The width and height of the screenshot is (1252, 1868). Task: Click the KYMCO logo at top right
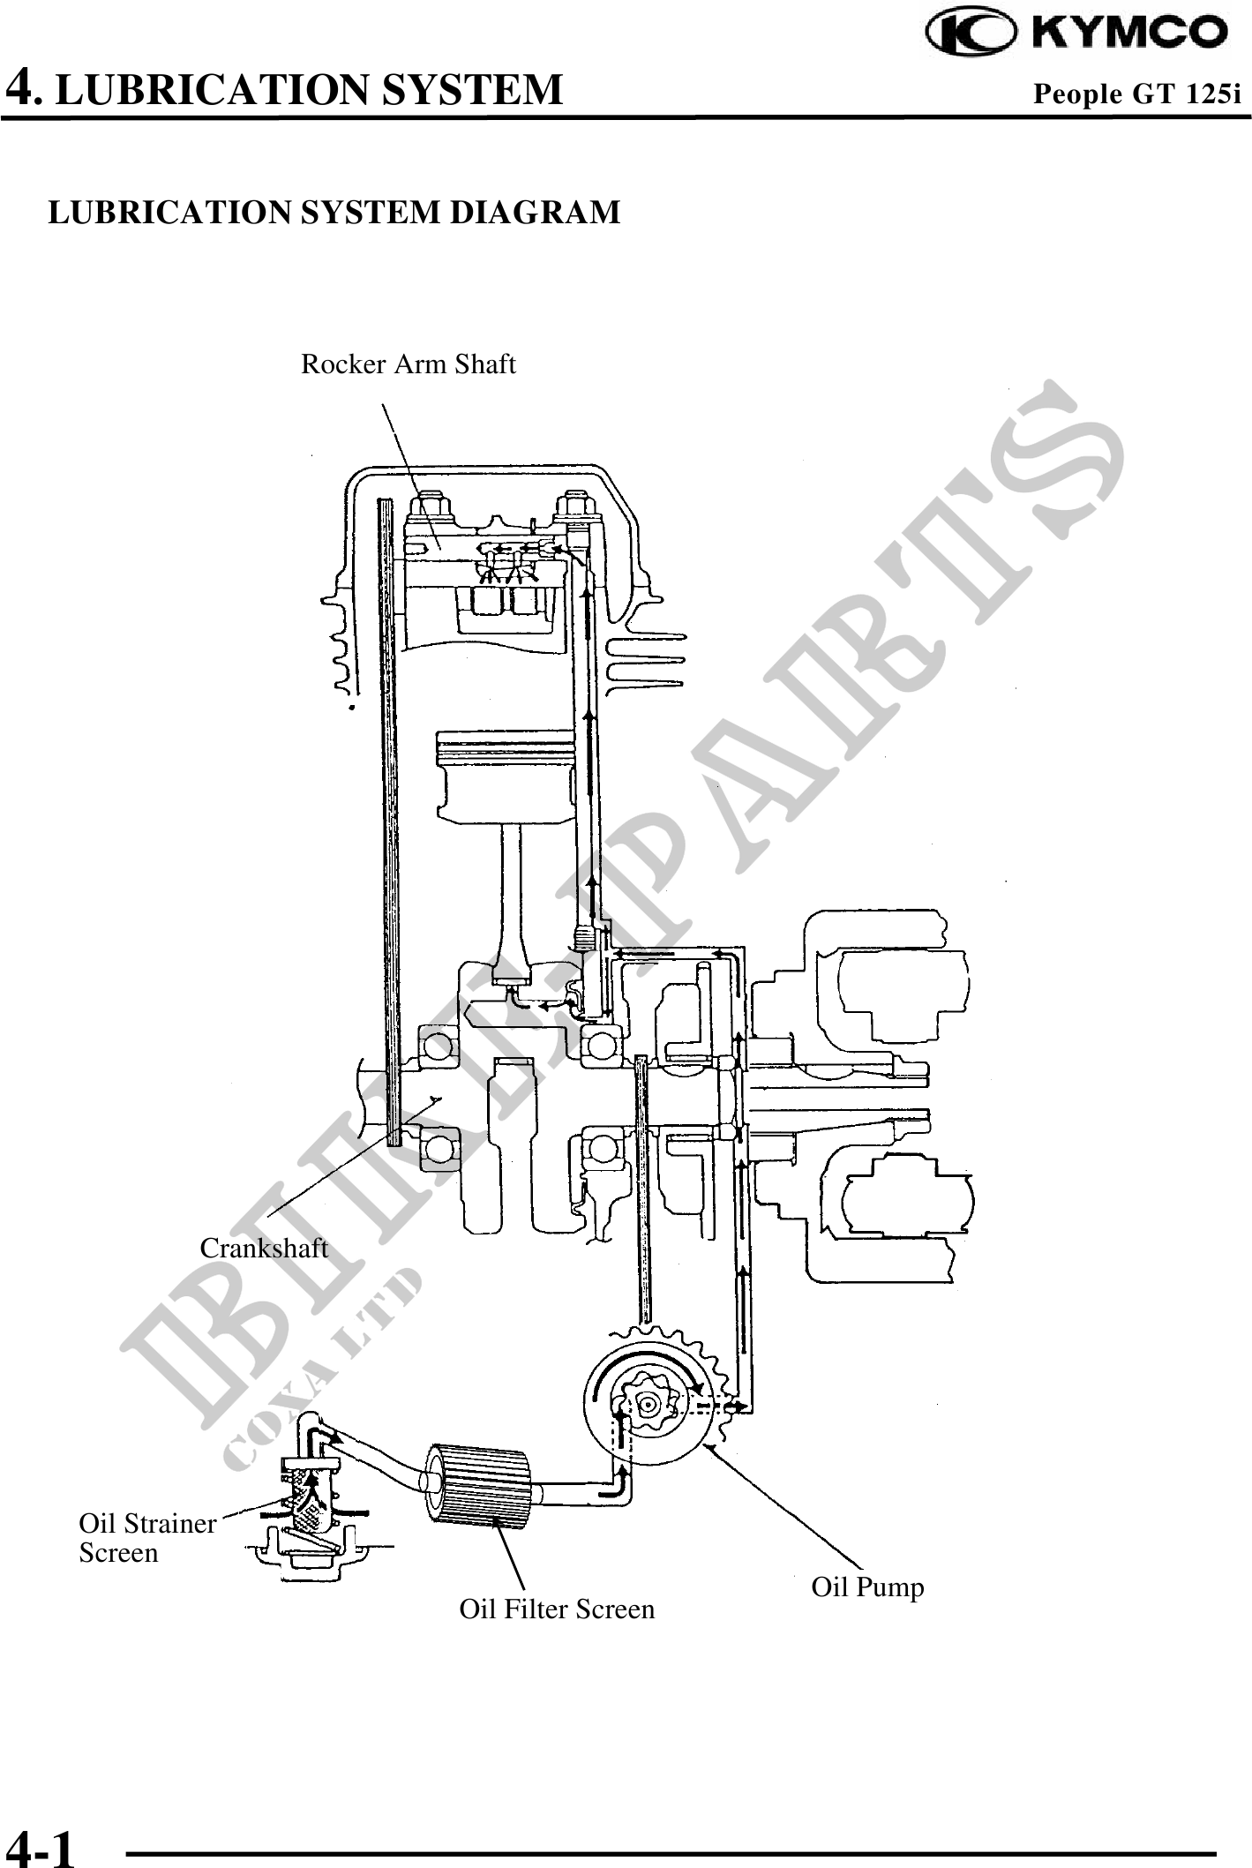point(1076,34)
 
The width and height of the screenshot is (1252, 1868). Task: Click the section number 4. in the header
point(23,88)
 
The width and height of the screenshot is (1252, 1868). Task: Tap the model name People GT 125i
point(1136,94)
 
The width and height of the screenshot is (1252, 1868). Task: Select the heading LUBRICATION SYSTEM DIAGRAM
point(334,213)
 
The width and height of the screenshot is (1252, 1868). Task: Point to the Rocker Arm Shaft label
point(408,364)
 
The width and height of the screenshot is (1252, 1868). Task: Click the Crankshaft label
point(263,1249)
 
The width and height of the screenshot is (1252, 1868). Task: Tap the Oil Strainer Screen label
point(146,1538)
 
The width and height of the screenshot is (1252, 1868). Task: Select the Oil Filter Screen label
point(557,1609)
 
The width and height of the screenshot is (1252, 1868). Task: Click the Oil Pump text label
point(867,1587)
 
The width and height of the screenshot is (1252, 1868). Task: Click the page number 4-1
point(41,1845)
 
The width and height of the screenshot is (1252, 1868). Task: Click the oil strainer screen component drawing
point(308,1500)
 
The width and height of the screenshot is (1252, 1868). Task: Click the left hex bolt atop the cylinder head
point(431,507)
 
